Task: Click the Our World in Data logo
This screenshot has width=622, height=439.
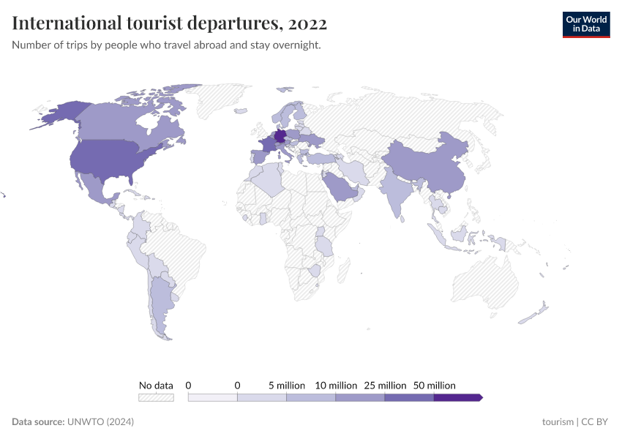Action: click(585, 24)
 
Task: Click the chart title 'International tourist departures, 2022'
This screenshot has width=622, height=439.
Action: click(169, 24)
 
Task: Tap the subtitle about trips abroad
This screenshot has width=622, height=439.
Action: click(166, 45)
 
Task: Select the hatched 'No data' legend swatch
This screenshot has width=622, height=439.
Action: click(156, 397)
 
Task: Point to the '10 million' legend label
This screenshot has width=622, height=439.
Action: click(336, 385)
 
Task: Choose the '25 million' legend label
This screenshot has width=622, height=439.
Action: click(385, 385)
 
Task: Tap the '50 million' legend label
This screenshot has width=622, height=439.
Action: click(434, 385)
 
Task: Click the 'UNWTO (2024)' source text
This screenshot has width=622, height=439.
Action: click(100, 422)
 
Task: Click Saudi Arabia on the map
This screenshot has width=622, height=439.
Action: click(341, 190)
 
